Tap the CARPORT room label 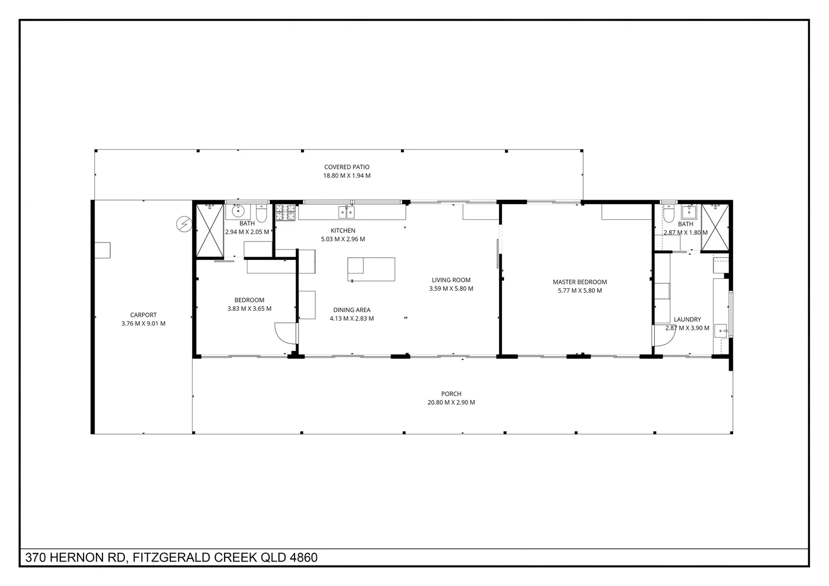pos(143,315)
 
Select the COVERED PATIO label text pos(347,167)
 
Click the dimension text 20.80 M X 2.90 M pos(451,403)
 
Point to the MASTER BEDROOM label pos(579,282)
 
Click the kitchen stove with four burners pos(285,212)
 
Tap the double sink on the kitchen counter pos(347,212)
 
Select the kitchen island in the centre pos(371,269)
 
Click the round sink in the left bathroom pos(238,211)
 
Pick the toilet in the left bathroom pos(262,215)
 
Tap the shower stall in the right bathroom pos(715,227)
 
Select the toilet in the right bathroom pos(669,214)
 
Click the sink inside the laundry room pos(721,329)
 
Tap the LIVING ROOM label pos(451,280)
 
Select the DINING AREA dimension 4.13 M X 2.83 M pos(352,319)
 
